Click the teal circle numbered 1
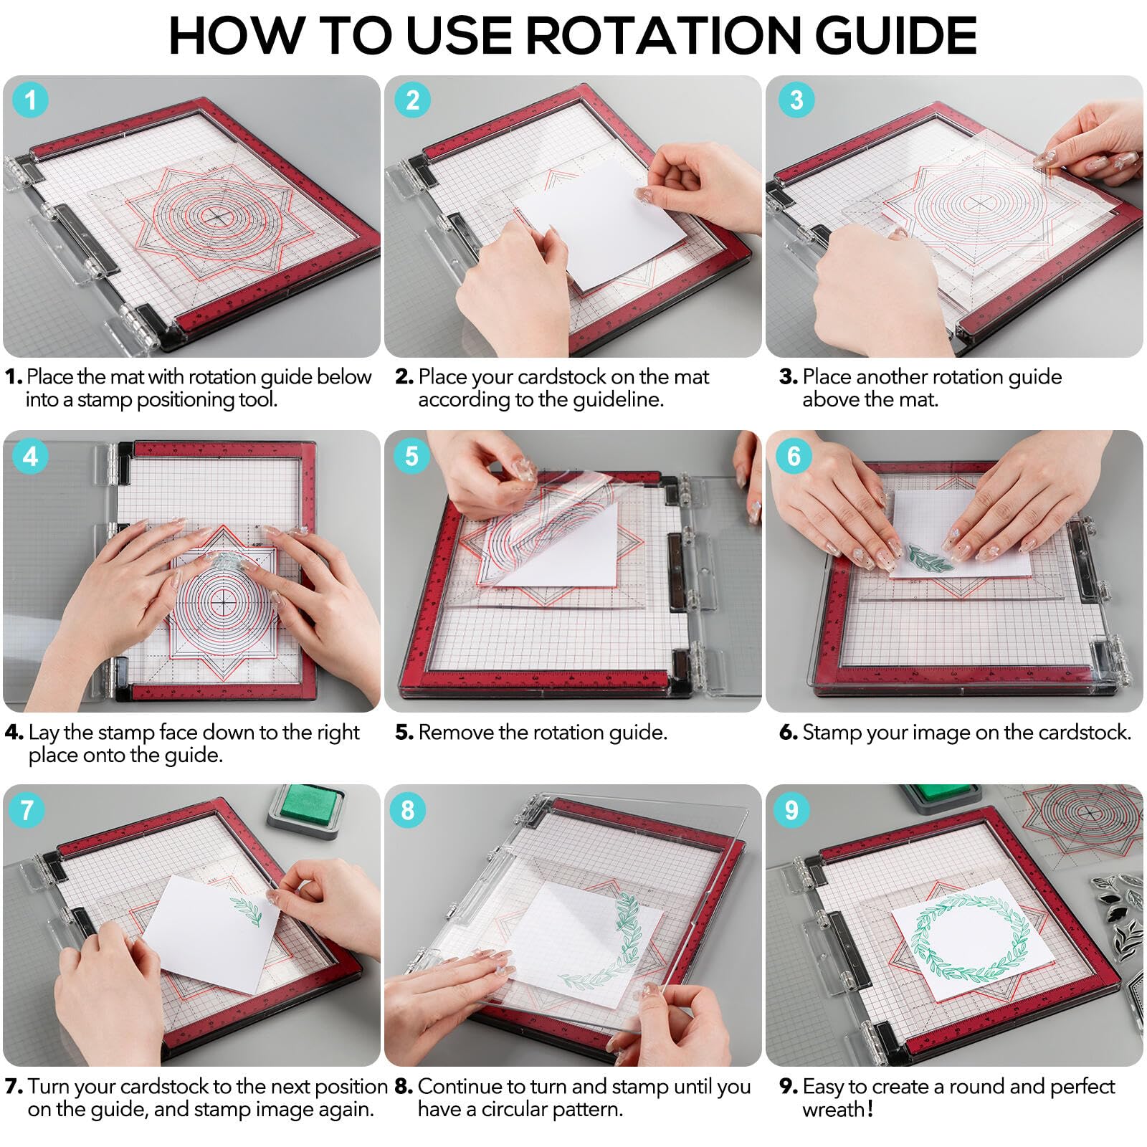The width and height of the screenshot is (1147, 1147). [30, 100]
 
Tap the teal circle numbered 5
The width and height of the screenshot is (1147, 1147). [411, 456]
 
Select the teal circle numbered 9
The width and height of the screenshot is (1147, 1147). [791, 810]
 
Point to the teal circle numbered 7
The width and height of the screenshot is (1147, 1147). [27, 810]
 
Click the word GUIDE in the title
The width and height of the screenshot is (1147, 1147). [897, 34]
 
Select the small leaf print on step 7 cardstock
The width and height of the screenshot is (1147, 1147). [245, 910]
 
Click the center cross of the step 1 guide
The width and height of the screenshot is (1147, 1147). [216, 216]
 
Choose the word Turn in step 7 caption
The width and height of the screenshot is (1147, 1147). [50, 1087]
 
